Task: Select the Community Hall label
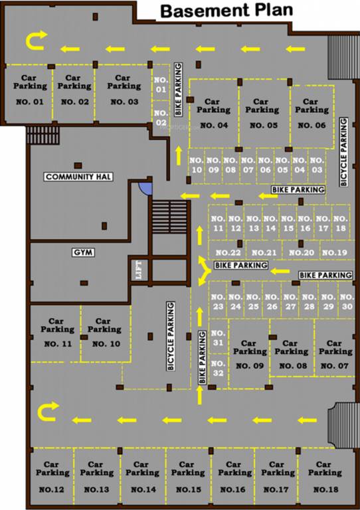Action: pyautogui.click(x=77, y=177)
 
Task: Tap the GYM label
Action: pyautogui.click(x=83, y=252)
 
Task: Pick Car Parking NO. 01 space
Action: pyautogui.click(x=30, y=92)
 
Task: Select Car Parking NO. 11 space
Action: pyautogui.click(x=57, y=333)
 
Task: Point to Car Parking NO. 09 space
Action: pyautogui.click(x=249, y=355)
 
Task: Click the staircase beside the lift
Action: pyautogui.click(x=170, y=216)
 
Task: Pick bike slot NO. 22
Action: pyautogui.click(x=228, y=252)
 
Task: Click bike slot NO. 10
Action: pyautogui.click(x=196, y=165)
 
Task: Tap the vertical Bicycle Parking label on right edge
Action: pyautogui.click(x=343, y=151)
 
